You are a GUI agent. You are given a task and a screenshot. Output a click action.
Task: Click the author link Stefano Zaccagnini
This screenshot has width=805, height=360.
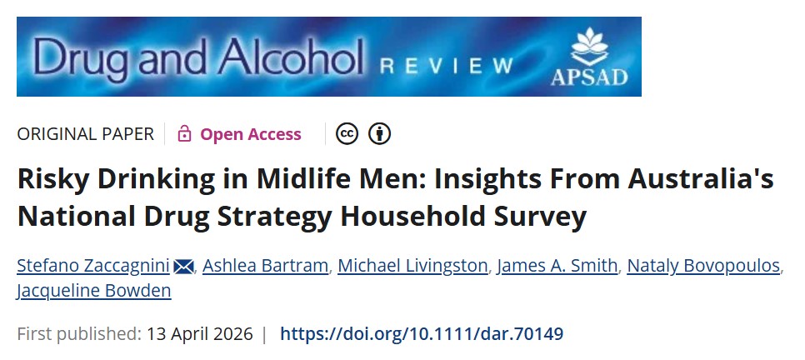point(93,267)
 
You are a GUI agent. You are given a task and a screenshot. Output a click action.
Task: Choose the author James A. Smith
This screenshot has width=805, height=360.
point(557,267)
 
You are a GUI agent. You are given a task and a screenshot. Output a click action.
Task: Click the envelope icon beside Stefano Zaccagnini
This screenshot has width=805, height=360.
point(184,267)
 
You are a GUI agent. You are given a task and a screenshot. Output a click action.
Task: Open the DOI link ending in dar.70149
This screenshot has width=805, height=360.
point(422,334)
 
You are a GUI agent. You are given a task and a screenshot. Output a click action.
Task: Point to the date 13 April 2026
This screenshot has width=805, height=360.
point(199,334)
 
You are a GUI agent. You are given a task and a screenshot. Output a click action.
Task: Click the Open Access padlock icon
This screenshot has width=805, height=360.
point(185,134)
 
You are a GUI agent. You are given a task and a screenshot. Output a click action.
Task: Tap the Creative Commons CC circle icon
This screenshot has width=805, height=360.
point(347,134)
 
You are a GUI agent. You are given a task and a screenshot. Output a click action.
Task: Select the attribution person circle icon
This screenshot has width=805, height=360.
point(380,134)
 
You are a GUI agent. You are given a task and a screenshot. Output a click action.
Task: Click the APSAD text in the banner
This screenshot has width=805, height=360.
point(588,77)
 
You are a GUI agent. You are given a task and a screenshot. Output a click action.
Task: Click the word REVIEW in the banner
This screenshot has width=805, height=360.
point(446,66)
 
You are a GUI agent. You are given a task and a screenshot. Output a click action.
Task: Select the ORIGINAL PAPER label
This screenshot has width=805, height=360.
point(86,134)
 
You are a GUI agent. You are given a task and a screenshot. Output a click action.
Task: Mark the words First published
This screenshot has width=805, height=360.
point(78,334)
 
